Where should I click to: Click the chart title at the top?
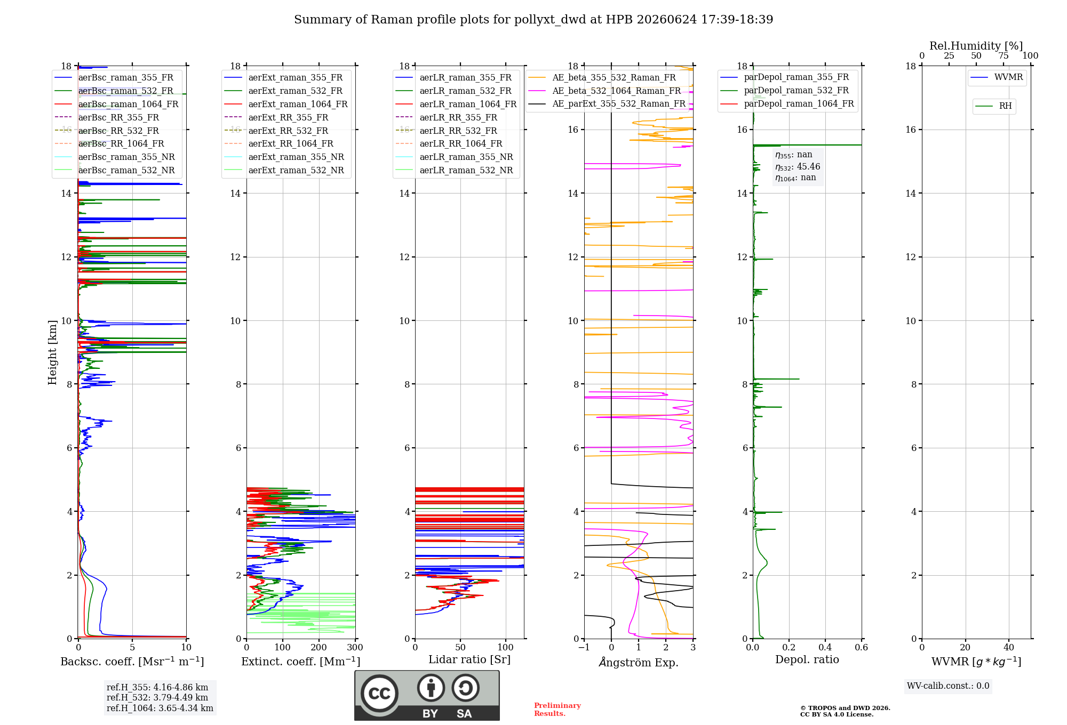coord(533,20)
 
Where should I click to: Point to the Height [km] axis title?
coord(52,352)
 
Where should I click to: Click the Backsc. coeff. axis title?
coord(132,662)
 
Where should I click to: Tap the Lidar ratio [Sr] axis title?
coord(469,660)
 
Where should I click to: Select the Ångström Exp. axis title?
coord(639,662)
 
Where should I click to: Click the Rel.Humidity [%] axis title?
coord(976,46)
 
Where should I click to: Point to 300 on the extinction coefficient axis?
coord(355,648)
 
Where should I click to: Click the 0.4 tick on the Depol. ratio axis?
coord(825,648)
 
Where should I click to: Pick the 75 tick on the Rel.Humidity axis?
coord(1004,56)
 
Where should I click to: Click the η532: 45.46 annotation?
coord(798,167)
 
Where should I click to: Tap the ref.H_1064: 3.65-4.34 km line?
coord(160,708)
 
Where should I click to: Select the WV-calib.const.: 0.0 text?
coord(948,686)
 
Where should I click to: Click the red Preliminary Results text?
coord(558,710)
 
